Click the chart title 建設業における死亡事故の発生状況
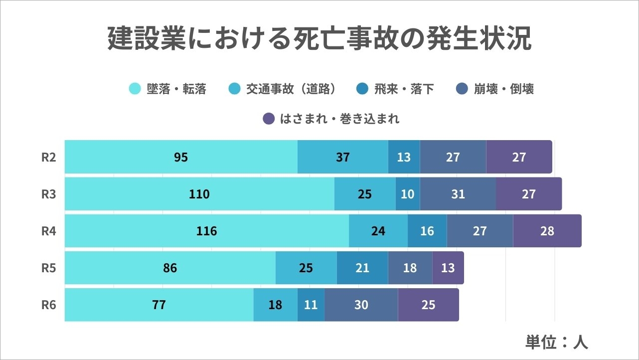[319, 38]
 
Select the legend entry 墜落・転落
[168, 89]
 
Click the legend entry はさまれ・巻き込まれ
[331, 119]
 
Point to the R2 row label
[48, 157]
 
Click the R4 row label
[48, 231]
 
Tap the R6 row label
[48, 305]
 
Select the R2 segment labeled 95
[181, 157]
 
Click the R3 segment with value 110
[199, 194]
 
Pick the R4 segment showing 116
[207, 231]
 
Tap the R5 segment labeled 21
[362, 268]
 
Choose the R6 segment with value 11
[311, 305]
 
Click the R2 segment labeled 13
[404, 157]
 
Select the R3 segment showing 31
[458, 194]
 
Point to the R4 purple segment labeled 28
[547, 231]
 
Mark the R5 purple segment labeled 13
[448, 268]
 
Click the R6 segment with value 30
[361, 305]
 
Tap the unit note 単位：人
[557, 342]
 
